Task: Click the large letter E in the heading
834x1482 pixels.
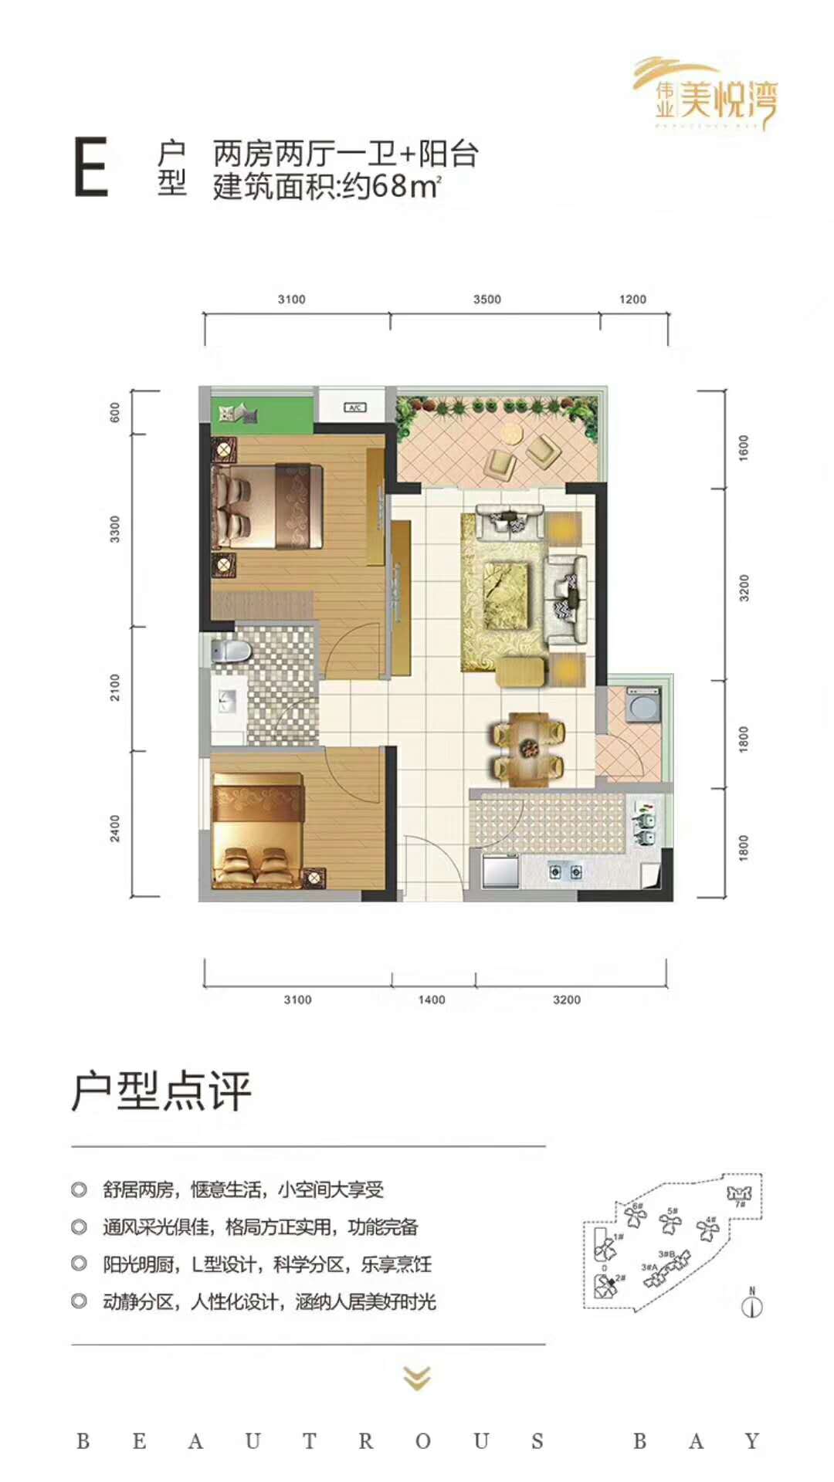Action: pyautogui.click(x=90, y=167)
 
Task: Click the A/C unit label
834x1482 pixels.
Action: pyautogui.click(x=354, y=407)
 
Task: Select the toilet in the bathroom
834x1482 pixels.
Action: pyautogui.click(x=231, y=651)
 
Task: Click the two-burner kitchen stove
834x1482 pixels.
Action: pyautogui.click(x=565, y=872)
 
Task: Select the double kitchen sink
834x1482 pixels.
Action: pyautogui.click(x=646, y=824)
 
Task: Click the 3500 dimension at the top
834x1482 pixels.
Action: pyautogui.click(x=487, y=299)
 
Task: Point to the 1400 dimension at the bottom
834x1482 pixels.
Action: pyautogui.click(x=432, y=1000)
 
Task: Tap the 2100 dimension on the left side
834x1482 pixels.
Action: pyautogui.click(x=115, y=687)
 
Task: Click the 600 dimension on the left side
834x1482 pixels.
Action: pyautogui.click(x=115, y=412)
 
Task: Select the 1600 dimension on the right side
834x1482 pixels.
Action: pyautogui.click(x=744, y=448)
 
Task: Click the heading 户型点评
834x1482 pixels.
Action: pyautogui.click(x=162, y=1091)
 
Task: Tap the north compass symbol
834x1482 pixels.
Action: pyautogui.click(x=751, y=1305)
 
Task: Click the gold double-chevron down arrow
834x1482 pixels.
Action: pyautogui.click(x=417, y=1378)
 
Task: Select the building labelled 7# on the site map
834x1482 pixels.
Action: pyautogui.click(x=739, y=1196)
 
